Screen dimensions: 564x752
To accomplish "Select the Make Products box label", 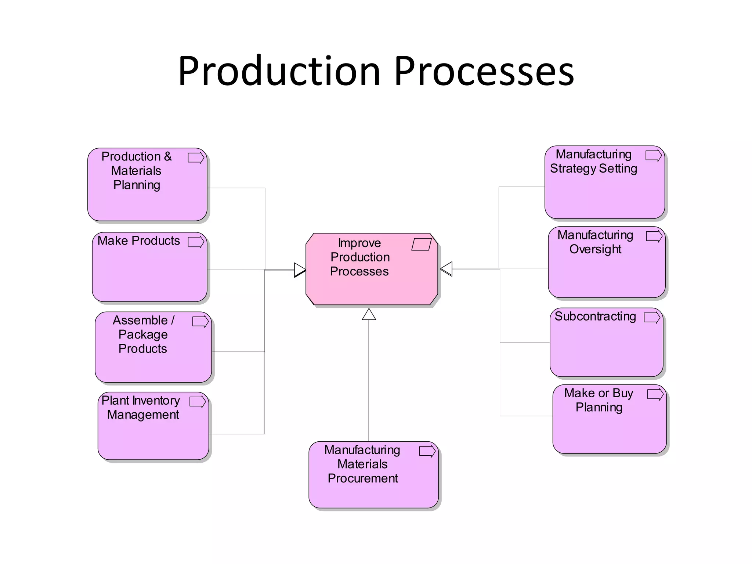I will coord(138,241).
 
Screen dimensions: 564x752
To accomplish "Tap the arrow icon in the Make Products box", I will coord(196,242).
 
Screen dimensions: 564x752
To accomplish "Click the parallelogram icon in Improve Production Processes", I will coord(421,245).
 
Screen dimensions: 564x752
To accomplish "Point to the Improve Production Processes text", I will coord(359,257).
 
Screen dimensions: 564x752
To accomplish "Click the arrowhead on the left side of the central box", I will coord(300,270).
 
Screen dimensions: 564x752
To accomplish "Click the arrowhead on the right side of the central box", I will coord(446,269).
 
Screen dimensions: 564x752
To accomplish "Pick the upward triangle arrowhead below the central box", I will coord(369,315).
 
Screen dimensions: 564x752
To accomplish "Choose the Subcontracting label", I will coord(595,317).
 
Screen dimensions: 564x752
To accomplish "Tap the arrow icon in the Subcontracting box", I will coord(652,318).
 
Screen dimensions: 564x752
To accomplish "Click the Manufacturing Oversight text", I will coord(595,242).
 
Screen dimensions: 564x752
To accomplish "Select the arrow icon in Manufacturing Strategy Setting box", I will coord(654,156).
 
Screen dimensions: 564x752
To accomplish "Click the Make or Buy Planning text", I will coord(599,400).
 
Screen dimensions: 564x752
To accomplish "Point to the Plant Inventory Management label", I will coord(141,408).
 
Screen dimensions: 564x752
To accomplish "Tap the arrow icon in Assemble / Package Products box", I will coord(200,322).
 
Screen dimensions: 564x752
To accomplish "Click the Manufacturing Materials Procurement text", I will coord(362,464).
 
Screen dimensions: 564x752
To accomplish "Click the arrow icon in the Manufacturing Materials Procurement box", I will coord(427,451).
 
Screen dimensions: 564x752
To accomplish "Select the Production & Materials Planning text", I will coord(137,171).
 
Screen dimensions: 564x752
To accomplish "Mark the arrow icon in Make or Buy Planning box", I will coord(655,395).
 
